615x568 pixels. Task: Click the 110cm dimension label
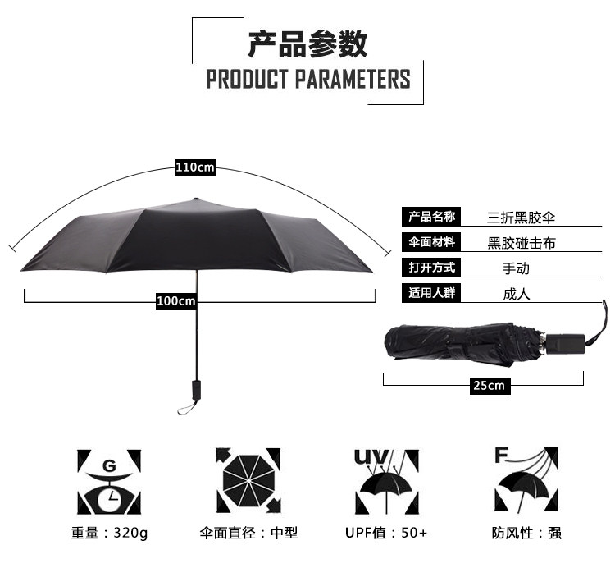point(195,168)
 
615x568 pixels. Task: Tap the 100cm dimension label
point(176,301)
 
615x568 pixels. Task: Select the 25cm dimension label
point(489,386)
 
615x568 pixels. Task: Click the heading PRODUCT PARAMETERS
point(307,80)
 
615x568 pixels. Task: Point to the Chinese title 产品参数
point(307,43)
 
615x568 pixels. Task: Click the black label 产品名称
point(431,217)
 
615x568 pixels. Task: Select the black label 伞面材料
point(431,242)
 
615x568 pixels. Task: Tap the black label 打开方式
point(431,268)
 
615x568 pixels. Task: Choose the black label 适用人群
point(431,292)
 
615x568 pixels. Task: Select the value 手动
point(516,268)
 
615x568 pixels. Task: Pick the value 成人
point(516,293)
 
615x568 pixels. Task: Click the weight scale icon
point(109,481)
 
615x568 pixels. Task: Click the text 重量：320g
point(110,533)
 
